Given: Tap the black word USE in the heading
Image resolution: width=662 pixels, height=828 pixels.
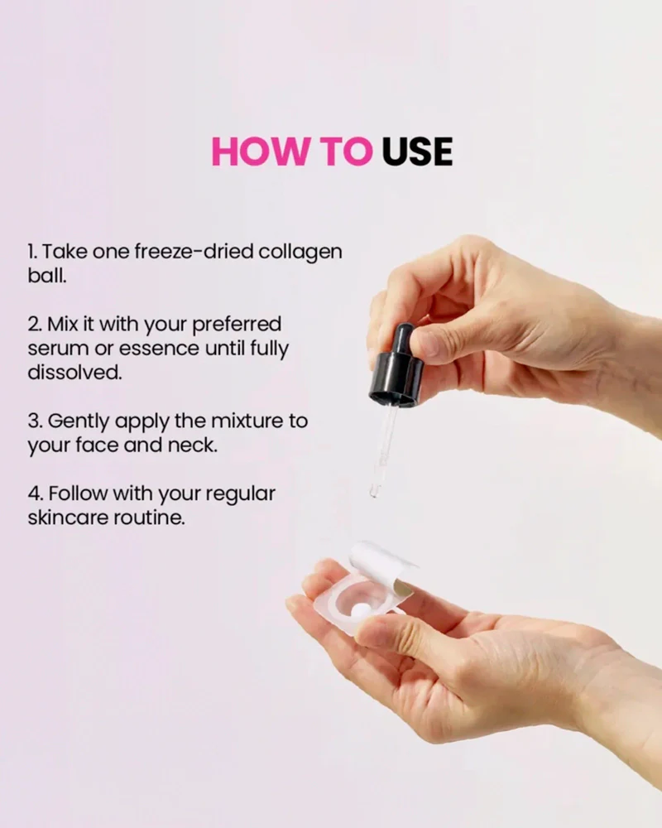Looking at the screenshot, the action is [417, 152].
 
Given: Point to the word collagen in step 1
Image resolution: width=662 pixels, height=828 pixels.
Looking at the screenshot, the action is [300, 253].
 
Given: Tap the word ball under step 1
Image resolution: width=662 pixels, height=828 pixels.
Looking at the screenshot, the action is [46, 275].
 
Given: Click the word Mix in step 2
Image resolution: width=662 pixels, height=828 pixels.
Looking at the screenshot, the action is [63, 325].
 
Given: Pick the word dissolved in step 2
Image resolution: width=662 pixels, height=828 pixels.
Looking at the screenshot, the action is [74, 373].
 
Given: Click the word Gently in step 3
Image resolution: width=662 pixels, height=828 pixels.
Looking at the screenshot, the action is [79, 422].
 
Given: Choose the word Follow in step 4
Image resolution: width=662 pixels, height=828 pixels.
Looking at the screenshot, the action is [77, 493].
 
